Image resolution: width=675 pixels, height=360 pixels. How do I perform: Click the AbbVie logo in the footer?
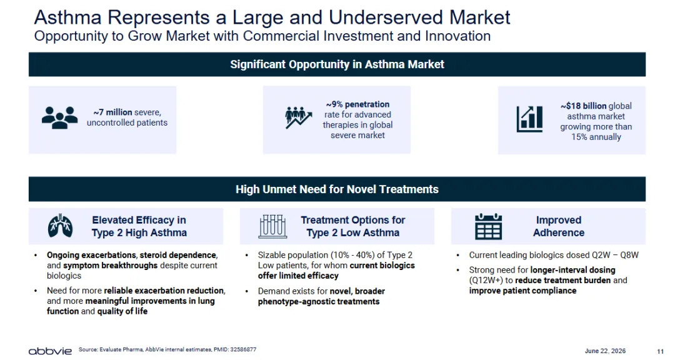[x=50, y=351]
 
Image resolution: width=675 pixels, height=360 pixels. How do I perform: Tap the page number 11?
[x=661, y=351]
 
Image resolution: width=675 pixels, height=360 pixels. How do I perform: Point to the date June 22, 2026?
[x=605, y=351]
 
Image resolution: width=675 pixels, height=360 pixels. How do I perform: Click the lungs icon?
[x=60, y=226]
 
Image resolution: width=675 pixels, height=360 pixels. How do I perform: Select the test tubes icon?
[x=272, y=226]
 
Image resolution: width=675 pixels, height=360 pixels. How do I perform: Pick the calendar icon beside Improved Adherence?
[x=488, y=226]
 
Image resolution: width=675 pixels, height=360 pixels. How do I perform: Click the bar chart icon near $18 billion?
[x=529, y=119]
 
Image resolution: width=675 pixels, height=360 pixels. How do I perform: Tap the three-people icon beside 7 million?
[x=60, y=117]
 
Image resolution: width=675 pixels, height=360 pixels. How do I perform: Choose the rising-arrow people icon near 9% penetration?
[x=298, y=117]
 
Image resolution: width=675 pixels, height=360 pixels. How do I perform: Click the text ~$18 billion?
[x=583, y=106]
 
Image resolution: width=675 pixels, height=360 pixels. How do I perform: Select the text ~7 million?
[x=112, y=112]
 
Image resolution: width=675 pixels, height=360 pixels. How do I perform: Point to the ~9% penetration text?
[x=357, y=104]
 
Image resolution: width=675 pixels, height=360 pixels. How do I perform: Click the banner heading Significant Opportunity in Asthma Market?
[x=337, y=64]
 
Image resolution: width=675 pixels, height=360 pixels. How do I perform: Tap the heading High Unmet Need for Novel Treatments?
[x=337, y=189]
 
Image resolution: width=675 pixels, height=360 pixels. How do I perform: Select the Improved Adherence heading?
[x=559, y=226]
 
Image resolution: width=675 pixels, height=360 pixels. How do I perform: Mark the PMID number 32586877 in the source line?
[x=243, y=349]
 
